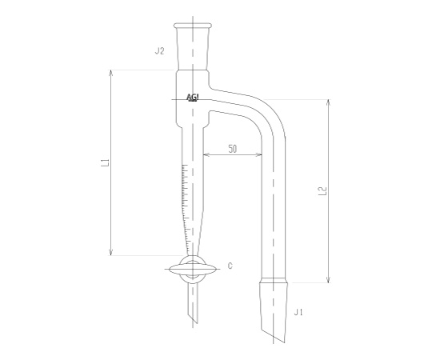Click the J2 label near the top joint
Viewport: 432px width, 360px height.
159,51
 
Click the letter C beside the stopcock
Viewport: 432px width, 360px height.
230,266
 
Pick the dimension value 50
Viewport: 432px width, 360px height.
232,150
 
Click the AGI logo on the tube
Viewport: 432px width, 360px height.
193,98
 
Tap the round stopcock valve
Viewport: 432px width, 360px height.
193,269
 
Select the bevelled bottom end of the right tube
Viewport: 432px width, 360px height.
274,332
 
